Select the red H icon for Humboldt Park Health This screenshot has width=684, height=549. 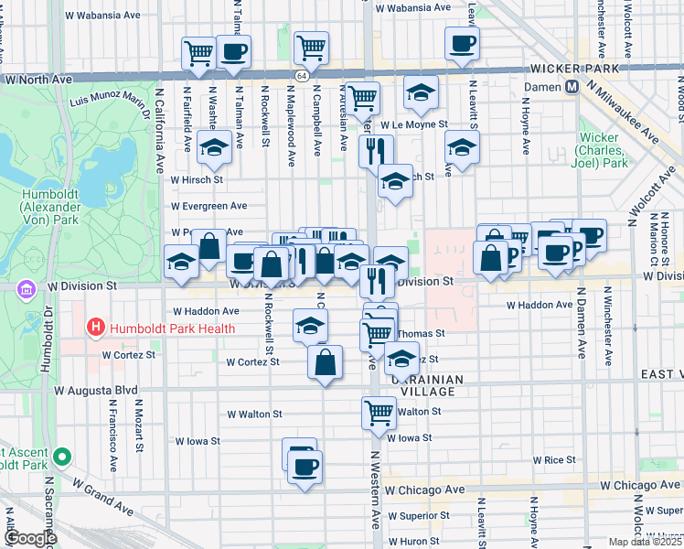point(94,327)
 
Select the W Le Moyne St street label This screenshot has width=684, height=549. point(413,124)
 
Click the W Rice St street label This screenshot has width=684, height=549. point(553,459)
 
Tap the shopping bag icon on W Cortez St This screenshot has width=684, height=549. point(325,361)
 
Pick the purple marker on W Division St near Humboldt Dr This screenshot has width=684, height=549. point(24,288)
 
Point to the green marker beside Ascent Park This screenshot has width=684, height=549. point(61,456)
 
